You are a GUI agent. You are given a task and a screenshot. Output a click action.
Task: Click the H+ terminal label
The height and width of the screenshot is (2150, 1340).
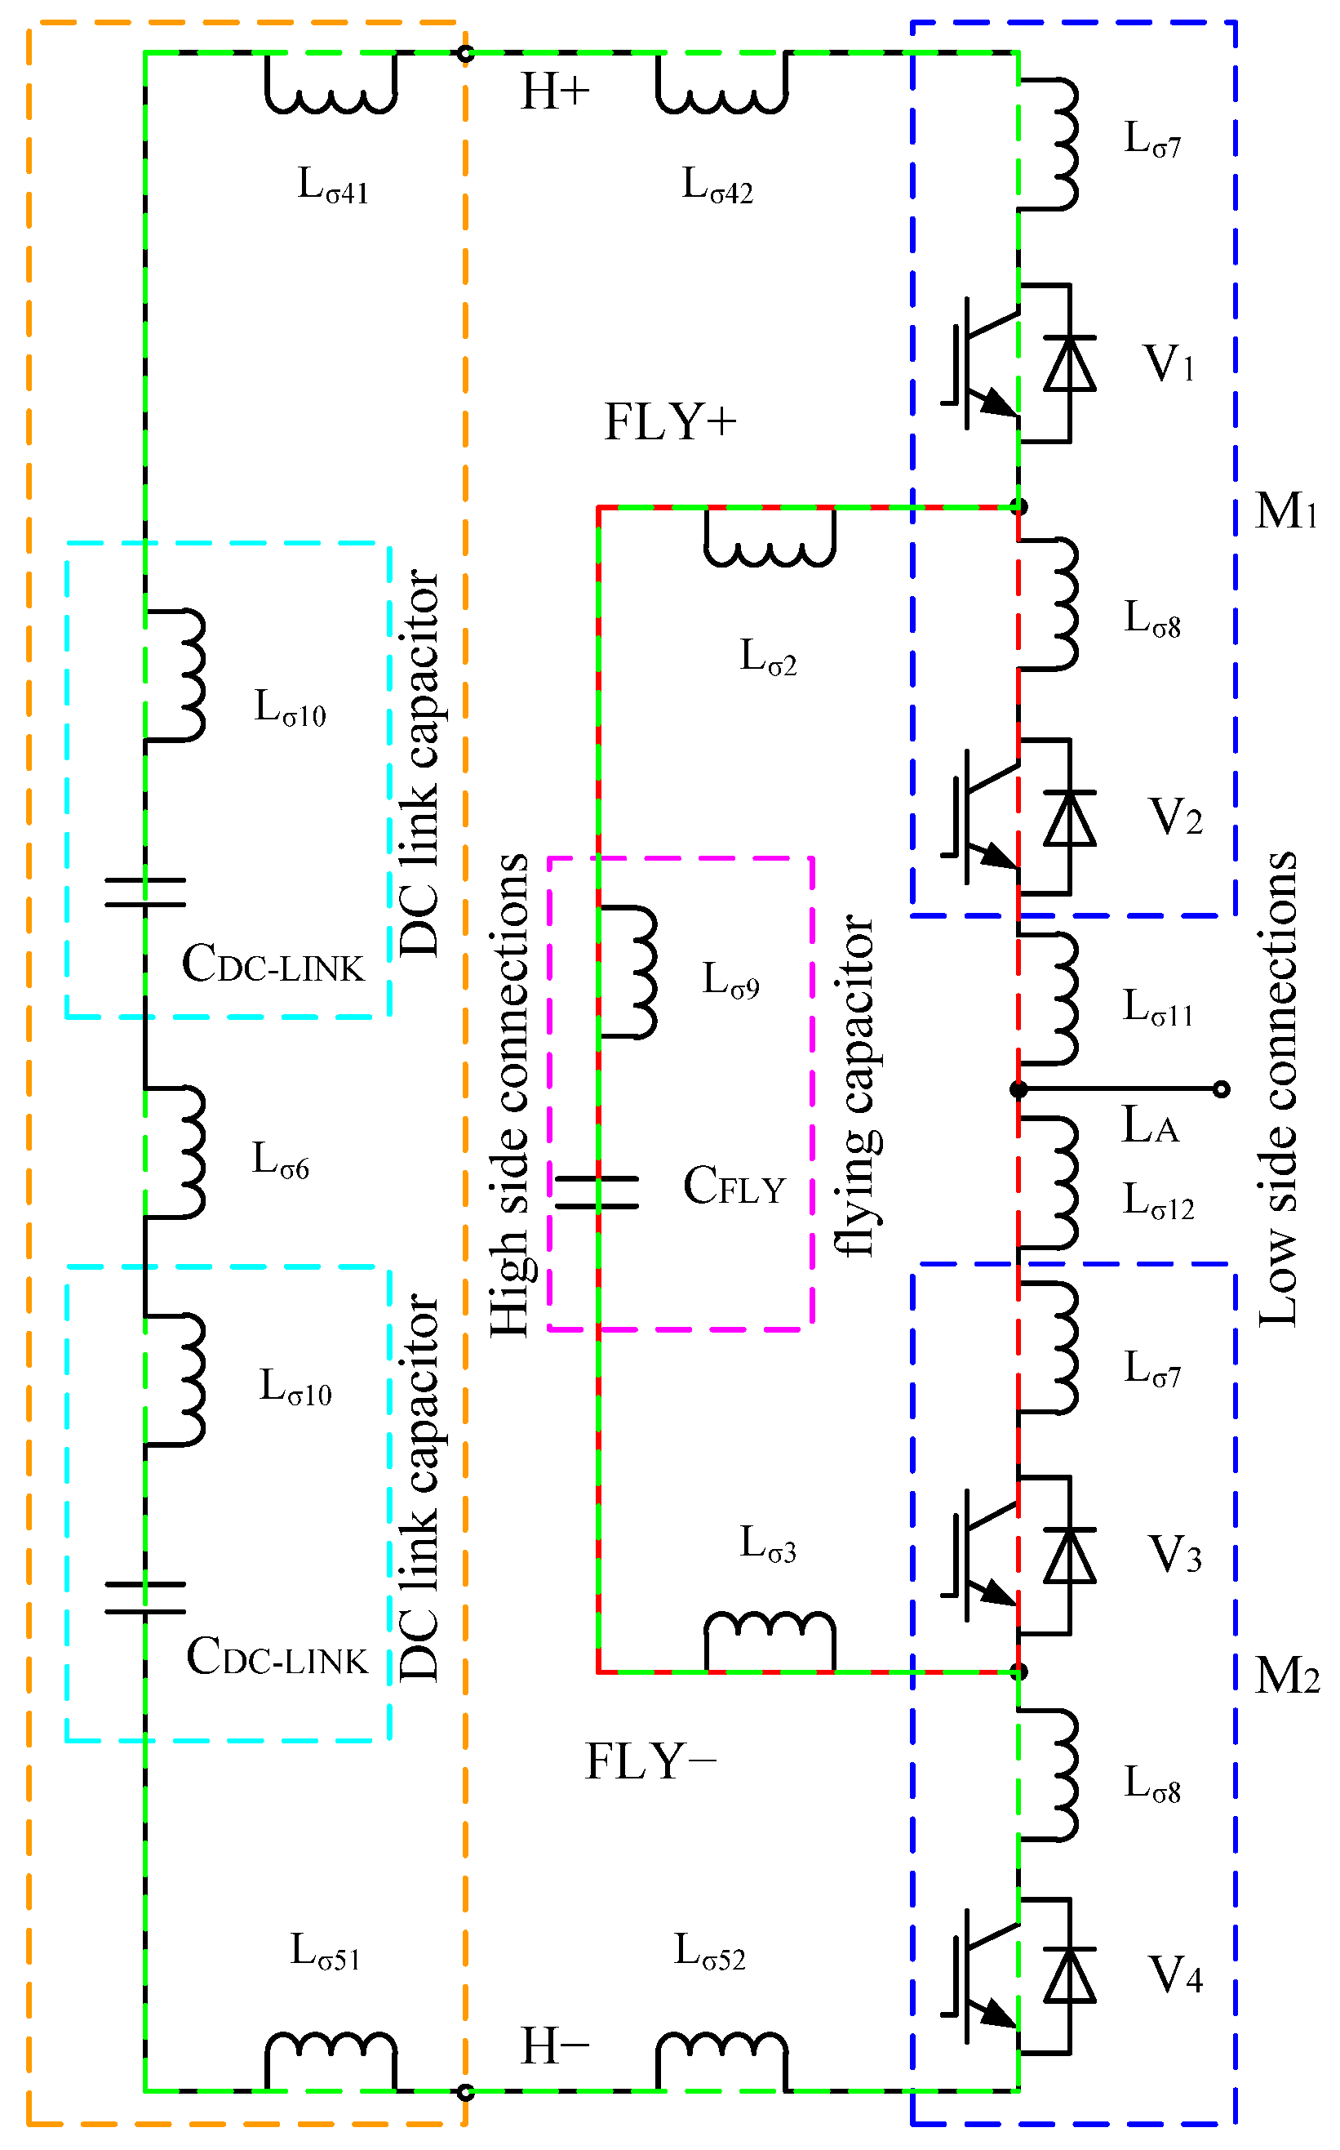[555, 92]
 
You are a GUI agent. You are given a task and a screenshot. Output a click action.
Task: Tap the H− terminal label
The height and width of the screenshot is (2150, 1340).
[555, 2046]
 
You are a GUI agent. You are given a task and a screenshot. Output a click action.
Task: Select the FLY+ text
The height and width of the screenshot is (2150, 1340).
[670, 422]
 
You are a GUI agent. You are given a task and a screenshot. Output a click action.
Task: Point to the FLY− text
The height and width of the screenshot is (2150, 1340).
[650, 1761]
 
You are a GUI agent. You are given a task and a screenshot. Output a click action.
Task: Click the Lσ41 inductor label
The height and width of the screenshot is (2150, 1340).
[332, 186]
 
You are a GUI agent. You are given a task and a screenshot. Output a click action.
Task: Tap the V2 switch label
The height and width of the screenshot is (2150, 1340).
[1175, 817]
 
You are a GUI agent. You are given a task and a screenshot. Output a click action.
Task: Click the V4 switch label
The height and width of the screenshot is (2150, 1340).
[1175, 1975]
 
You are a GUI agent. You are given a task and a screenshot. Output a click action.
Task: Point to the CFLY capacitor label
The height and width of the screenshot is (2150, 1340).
[734, 1186]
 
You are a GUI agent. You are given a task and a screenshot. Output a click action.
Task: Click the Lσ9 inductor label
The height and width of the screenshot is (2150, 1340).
[730, 981]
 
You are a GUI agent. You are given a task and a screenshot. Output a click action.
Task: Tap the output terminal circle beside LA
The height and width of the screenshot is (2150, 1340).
[1221, 1088]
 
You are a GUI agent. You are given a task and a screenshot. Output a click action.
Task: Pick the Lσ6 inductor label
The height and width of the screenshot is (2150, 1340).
[280, 1160]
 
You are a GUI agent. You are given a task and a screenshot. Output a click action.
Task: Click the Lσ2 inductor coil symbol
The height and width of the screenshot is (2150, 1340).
[770, 541]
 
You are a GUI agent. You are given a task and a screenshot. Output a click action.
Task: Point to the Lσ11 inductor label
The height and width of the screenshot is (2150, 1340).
[1157, 1008]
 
